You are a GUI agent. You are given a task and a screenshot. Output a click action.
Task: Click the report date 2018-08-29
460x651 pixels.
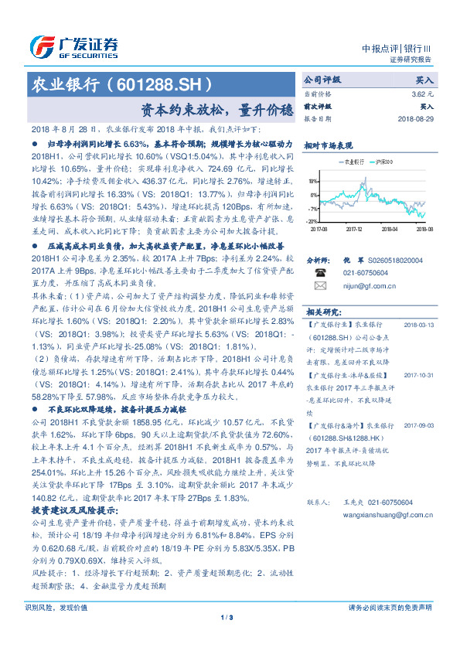click(416, 119)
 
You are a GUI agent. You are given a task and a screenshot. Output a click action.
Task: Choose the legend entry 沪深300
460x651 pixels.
click(380, 162)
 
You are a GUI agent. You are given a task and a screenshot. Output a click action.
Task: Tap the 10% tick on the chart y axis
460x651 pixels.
click(314, 182)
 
